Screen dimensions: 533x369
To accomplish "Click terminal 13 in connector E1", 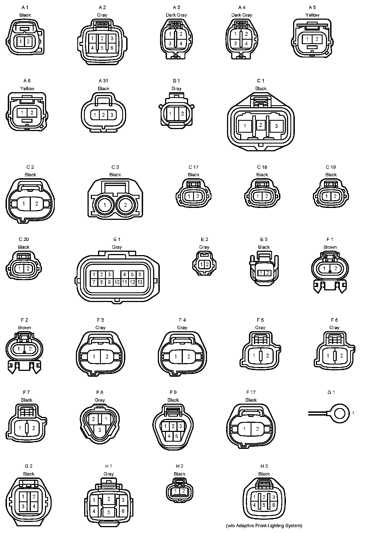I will coord(140,282).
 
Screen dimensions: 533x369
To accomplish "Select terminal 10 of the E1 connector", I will coord(117,282).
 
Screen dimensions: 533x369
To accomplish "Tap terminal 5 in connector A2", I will coord(102,48).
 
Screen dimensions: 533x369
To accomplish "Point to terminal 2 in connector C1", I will coord(260,125).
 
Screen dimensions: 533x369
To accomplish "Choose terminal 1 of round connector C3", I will coord(104,205).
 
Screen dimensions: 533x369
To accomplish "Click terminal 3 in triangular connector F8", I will coord(100,430).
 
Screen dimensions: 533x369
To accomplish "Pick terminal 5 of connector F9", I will coord(176,436).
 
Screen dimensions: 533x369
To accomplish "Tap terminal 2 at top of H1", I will coord(109,499).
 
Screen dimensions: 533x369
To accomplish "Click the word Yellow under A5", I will coord(312,15).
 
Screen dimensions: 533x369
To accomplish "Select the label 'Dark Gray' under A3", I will coord(176,15).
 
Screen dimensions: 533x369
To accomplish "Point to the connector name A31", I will coord(103,81).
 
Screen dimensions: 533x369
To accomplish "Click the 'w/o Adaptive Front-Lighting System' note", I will coord(264,526).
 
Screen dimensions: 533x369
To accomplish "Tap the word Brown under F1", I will coord(330,247).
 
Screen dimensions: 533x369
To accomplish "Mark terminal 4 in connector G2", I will coord(34,506).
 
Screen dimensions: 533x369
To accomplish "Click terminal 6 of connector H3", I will coord(273,505).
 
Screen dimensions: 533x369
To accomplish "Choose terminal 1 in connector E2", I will coord(202,265).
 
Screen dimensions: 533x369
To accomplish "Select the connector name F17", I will coord(251,392).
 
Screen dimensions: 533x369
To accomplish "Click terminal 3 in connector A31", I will coord(112,115).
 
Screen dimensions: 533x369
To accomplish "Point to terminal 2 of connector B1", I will coord(183,114).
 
